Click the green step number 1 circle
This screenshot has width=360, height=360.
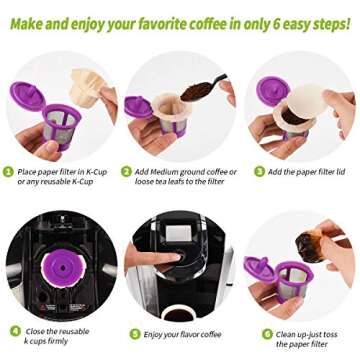[x=8, y=171]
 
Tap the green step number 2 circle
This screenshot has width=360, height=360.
[x=127, y=171]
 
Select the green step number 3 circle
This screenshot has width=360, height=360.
[x=246, y=171]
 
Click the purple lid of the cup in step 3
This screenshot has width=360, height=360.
[x=268, y=92]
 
